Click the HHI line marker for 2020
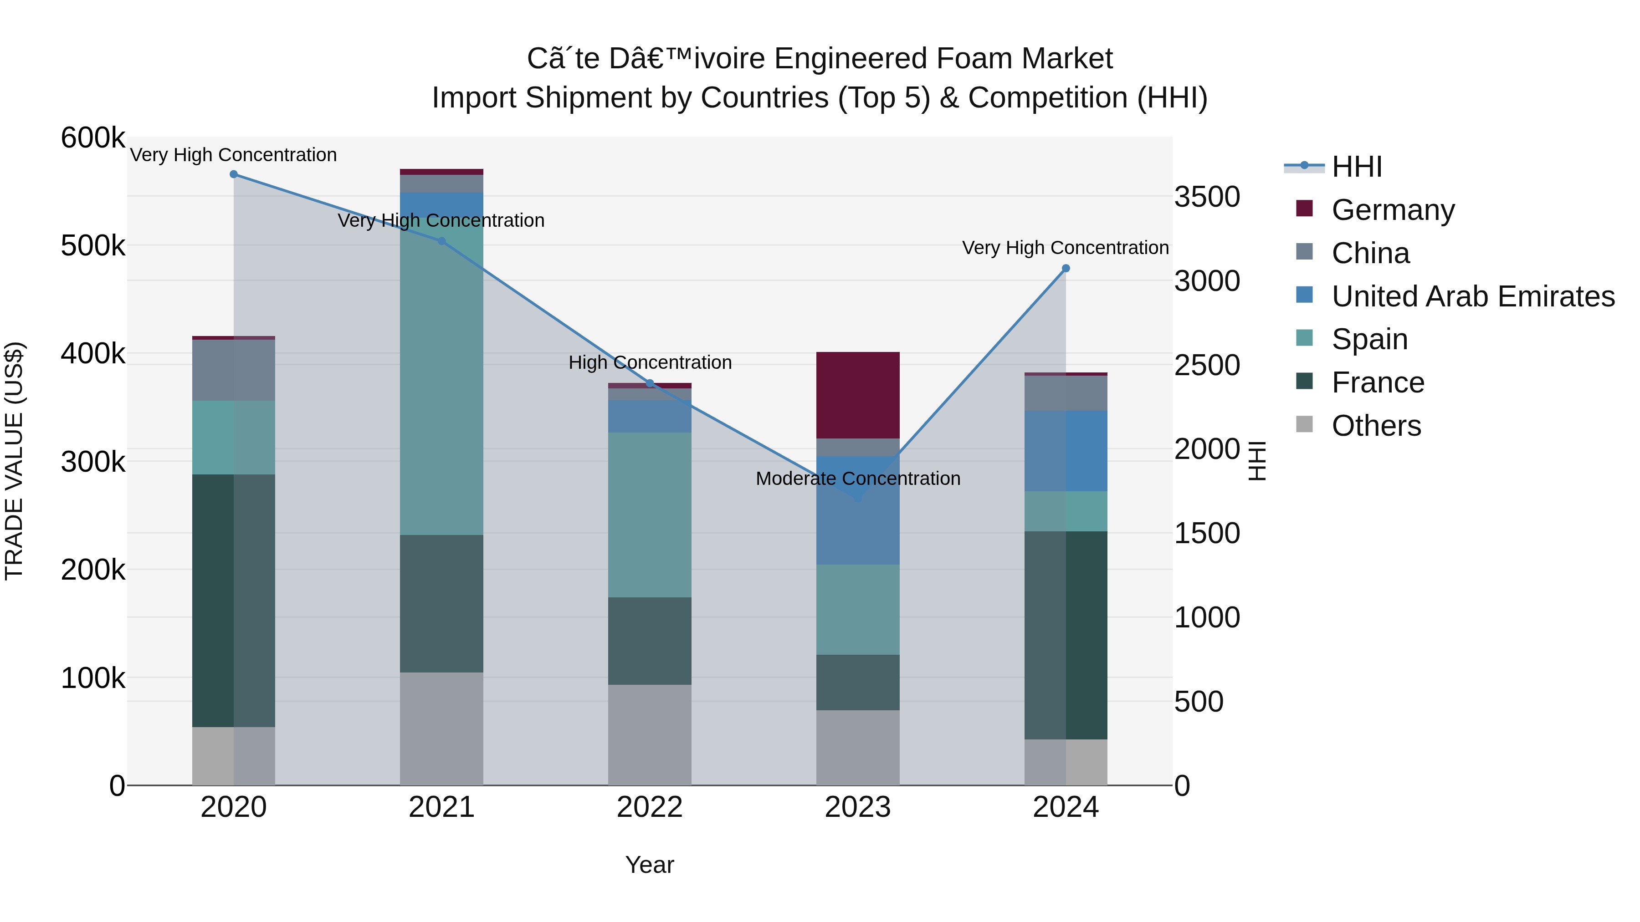234,174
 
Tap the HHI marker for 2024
1066,269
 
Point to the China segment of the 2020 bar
234,370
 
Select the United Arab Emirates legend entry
1472,296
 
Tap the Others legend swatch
1305,424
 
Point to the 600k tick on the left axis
93,138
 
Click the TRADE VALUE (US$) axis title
14,461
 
